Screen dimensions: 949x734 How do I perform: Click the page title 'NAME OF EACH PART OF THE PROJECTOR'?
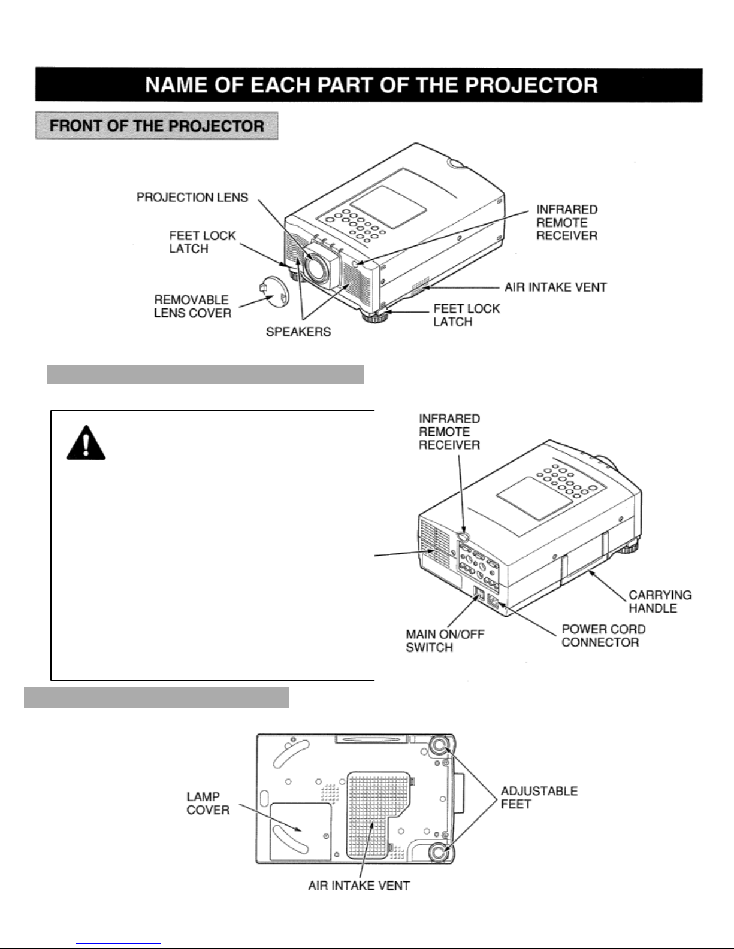[371, 84]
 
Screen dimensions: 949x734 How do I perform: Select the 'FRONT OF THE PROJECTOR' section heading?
[157, 126]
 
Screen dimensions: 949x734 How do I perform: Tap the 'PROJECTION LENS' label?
[192, 198]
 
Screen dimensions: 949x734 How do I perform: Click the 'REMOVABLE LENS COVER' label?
[192, 306]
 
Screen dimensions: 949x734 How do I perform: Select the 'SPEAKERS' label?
[298, 331]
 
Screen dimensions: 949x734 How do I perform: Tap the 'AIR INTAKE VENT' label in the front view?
[555, 287]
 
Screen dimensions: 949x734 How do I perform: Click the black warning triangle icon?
[86, 442]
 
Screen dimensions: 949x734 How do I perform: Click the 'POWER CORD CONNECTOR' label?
[603, 636]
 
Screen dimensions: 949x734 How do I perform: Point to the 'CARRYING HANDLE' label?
[660, 601]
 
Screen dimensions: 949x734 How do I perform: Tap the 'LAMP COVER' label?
[208, 803]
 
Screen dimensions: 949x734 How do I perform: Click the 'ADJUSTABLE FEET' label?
[539, 797]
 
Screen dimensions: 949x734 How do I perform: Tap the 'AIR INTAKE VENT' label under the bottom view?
[359, 885]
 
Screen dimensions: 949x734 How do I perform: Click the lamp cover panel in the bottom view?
[300, 830]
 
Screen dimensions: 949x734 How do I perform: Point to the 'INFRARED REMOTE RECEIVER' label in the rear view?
[449, 432]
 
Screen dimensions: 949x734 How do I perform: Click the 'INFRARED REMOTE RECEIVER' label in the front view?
[566, 222]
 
